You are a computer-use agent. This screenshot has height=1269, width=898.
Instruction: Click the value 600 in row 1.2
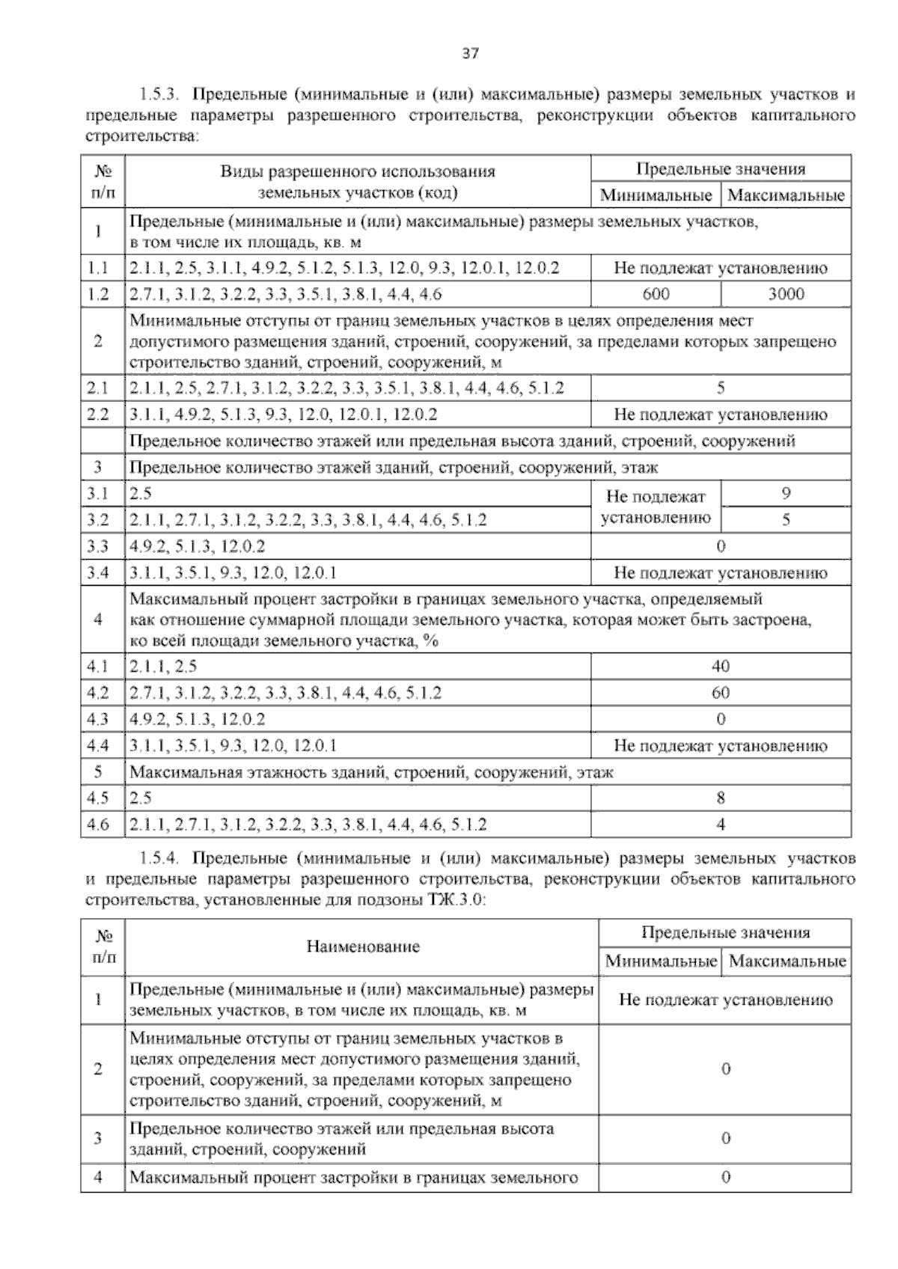(x=656, y=294)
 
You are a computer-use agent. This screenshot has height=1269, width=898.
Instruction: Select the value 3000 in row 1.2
(x=786, y=294)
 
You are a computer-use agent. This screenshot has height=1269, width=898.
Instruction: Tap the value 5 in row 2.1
(x=721, y=388)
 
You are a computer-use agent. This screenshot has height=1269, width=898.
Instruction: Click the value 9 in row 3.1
(x=786, y=494)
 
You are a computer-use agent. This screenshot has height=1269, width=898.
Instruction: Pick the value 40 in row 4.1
(x=721, y=666)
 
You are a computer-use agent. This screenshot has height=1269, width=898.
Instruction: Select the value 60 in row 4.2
(x=721, y=693)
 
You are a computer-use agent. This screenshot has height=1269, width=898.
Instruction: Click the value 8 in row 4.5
(x=721, y=798)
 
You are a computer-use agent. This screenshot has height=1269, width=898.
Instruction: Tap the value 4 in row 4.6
(x=721, y=825)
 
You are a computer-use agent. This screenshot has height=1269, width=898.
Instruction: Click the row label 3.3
(x=98, y=547)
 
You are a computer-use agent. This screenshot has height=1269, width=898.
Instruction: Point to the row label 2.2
(x=98, y=415)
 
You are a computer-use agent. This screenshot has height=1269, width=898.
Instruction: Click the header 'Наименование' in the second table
(x=363, y=947)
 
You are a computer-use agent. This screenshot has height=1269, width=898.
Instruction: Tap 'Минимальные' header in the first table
(x=656, y=196)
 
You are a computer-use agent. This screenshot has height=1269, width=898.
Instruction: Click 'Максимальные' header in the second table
(x=787, y=961)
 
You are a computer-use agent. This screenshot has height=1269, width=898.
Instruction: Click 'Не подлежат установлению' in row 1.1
(x=721, y=268)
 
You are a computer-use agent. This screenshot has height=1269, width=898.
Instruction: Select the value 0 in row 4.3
(x=721, y=719)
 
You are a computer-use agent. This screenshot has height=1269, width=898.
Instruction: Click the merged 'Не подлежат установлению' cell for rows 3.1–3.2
(x=656, y=507)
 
